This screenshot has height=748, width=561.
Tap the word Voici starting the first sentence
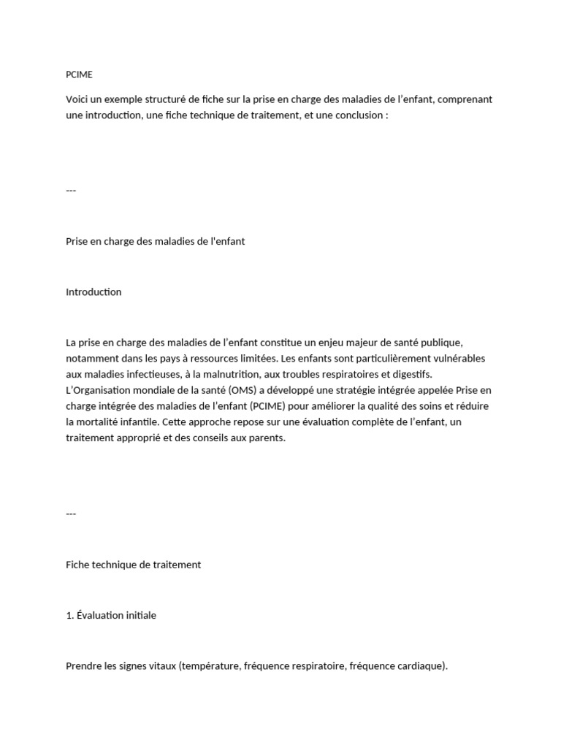(x=78, y=99)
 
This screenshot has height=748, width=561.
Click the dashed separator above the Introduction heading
(x=71, y=191)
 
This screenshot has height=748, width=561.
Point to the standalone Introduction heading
(x=93, y=292)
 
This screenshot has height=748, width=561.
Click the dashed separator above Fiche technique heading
(x=71, y=514)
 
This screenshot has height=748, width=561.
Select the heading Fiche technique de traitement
(x=133, y=565)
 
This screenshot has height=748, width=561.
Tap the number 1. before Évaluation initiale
(x=69, y=615)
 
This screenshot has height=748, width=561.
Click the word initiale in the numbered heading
(x=140, y=615)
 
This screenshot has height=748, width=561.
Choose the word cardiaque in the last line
(x=417, y=666)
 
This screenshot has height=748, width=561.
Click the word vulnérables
(x=460, y=358)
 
